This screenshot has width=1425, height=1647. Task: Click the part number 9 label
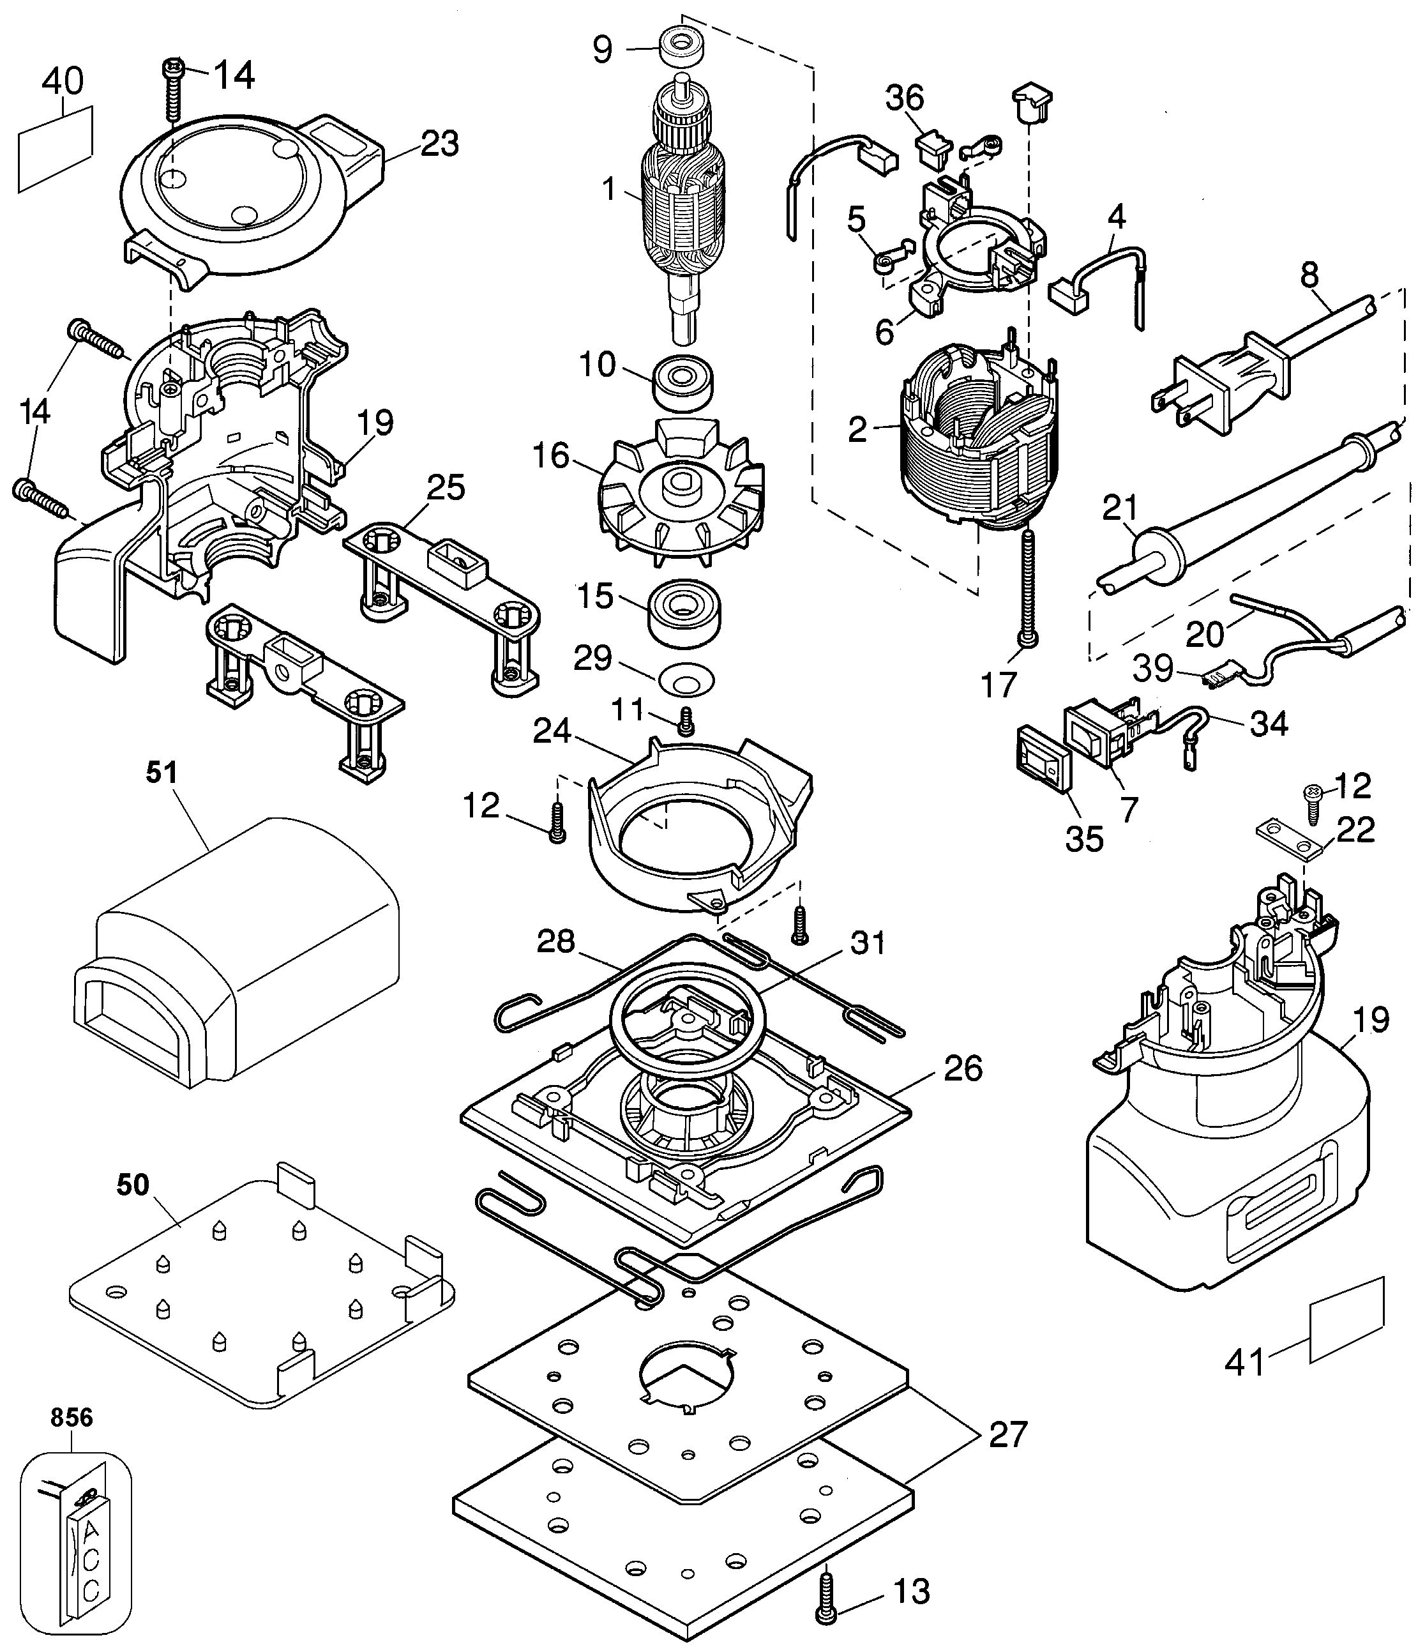click(x=603, y=49)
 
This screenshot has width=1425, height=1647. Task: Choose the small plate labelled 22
click(x=1288, y=842)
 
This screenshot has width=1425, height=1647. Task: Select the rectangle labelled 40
click(x=54, y=149)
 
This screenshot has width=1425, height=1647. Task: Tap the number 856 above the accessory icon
click(x=72, y=1417)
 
